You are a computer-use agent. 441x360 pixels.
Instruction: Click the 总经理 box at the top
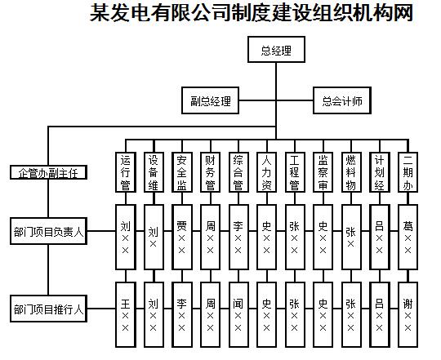click(276, 50)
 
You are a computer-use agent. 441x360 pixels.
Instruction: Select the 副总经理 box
click(210, 100)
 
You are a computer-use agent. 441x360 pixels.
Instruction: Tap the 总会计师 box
click(342, 100)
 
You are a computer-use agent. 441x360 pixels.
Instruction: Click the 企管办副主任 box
click(48, 172)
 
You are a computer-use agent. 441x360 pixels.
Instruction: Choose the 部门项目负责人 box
click(48, 231)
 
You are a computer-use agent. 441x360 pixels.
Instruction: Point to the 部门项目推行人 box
click(48, 309)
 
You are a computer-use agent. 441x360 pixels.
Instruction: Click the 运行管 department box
click(126, 172)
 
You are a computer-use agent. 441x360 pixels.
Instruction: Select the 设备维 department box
click(154, 172)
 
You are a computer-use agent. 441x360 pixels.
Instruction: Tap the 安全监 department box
click(181, 172)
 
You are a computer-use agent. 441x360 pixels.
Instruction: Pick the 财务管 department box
click(210, 172)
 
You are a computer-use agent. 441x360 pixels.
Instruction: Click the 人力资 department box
click(266, 172)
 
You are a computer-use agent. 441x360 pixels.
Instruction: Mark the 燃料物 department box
click(351, 172)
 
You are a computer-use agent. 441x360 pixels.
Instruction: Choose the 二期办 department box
click(408, 172)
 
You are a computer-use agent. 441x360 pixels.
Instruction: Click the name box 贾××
click(181, 237)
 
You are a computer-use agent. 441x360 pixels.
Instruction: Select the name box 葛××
click(408, 237)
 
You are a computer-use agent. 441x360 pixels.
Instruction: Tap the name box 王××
click(126, 314)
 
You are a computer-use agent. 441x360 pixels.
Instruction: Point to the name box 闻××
click(238, 314)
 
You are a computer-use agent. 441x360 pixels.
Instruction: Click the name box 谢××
click(408, 314)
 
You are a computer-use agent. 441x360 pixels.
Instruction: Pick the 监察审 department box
click(323, 172)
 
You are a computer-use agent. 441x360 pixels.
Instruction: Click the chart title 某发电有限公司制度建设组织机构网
click(252, 12)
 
